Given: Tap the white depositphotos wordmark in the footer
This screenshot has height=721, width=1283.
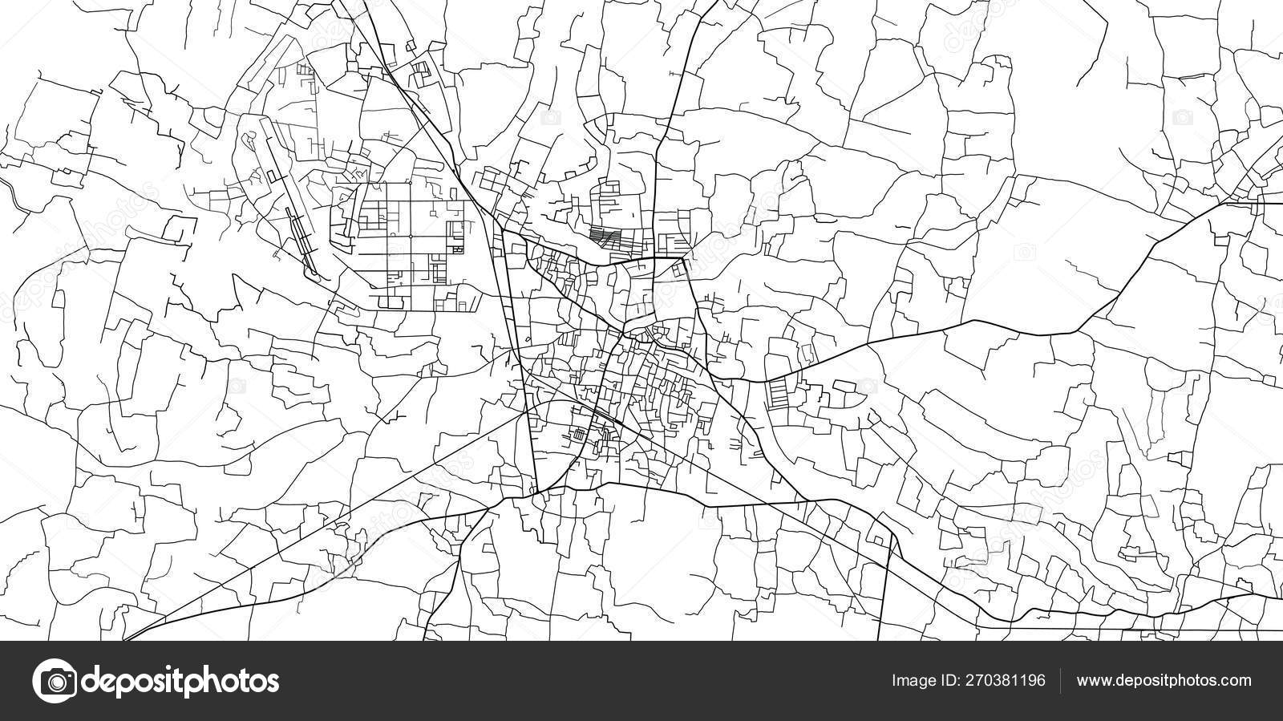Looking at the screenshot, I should click(x=180, y=682).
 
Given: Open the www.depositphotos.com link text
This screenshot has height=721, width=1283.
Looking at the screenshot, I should click(x=1164, y=681).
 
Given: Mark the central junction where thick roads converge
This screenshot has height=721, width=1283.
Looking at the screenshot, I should click(x=622, y=334).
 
